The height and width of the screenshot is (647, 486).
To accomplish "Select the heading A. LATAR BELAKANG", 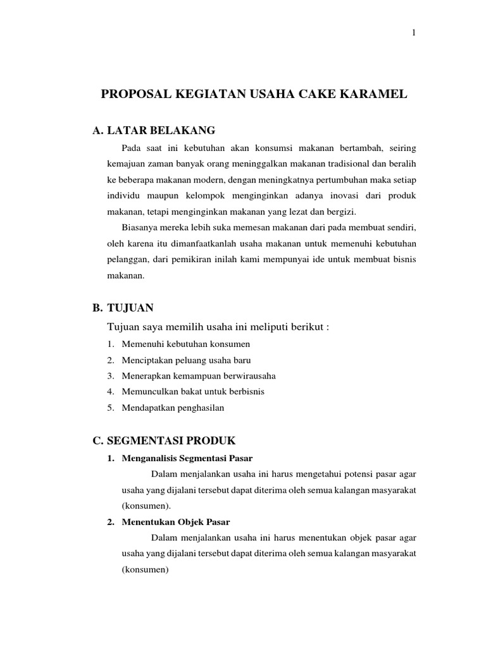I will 154,131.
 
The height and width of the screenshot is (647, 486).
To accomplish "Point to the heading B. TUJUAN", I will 123,308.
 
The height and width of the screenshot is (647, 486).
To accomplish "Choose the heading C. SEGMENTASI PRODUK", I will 164,440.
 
